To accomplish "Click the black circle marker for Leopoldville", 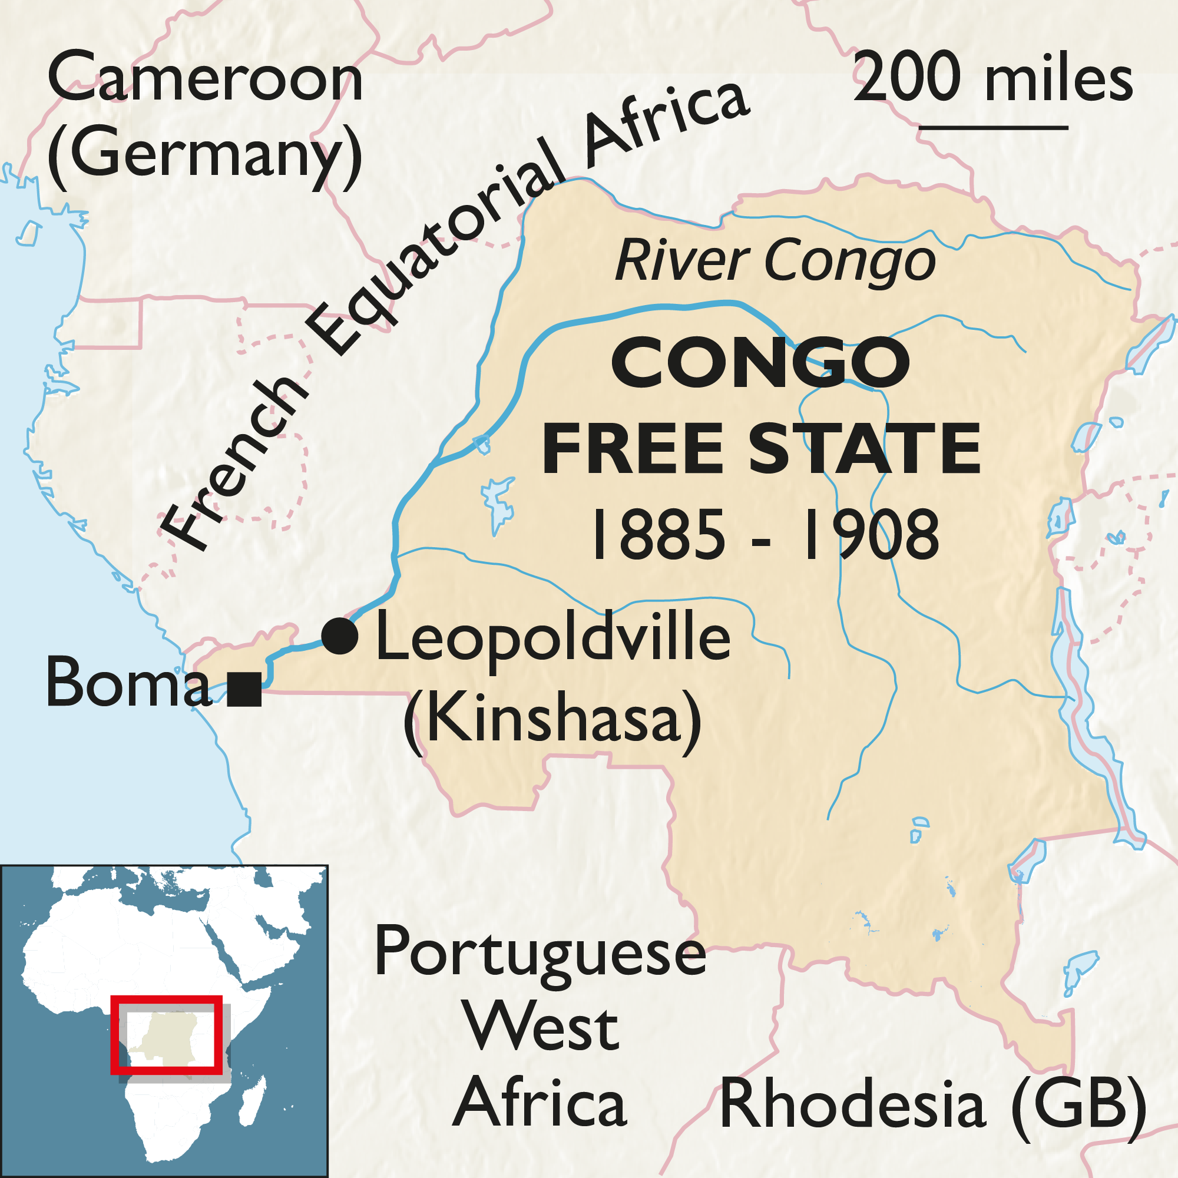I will (340, 637).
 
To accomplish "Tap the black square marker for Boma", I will (244, 689).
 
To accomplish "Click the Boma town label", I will (128, 683).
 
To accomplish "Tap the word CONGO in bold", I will (761, 363).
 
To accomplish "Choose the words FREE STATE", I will (762, 450).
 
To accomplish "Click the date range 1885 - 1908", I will (766, 535).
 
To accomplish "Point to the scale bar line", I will (993, 128).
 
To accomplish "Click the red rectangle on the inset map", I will (167, 1036).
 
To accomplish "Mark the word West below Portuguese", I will (541, 1029).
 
